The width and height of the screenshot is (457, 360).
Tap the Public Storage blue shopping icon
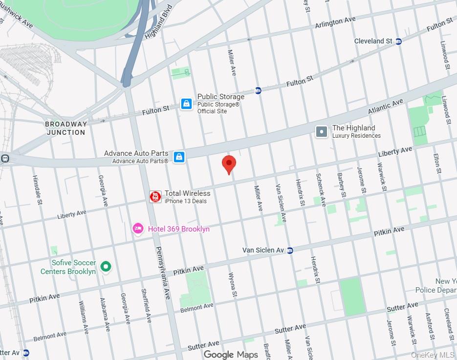coord(186,104)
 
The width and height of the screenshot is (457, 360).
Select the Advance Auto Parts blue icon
coord(179,157)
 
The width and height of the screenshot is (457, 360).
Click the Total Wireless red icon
coord(155,196)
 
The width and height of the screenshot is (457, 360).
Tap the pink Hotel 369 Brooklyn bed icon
coord(138,229)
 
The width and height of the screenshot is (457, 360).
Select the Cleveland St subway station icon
coord(399,42)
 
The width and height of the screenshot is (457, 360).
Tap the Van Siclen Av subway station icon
coord(290,250)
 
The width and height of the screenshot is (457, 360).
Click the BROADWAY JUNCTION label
coord(65,128)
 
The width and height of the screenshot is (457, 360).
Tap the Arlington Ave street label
coord(335,22)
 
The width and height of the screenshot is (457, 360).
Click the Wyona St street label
coord(233,285)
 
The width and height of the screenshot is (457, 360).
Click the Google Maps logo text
coord(231,354)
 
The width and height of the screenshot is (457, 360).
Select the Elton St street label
coord(437,164)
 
